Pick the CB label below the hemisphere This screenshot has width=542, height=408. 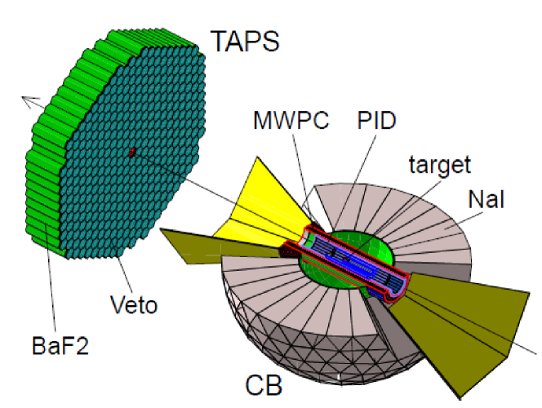click(x=266, y=384)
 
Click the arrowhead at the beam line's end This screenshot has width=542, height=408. click(x=28, y=101)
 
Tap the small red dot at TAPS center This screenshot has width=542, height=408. click(x=131, y=152)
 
